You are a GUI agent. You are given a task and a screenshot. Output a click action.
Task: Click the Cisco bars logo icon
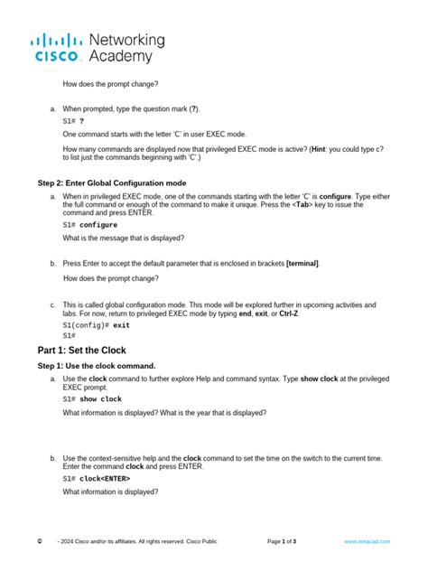coord(59,41)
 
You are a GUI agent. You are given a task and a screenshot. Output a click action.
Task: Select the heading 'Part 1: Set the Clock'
coord(81,350)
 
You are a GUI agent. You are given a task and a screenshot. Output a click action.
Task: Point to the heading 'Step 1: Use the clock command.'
coord(102,366)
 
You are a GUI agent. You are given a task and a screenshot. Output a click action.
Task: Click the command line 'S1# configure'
coord(90,224)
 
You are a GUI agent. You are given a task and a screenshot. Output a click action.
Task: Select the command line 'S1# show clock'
coord(92,398)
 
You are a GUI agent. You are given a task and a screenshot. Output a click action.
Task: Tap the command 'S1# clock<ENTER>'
coord(97,478)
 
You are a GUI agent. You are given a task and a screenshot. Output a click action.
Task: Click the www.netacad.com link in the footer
coord(367,541)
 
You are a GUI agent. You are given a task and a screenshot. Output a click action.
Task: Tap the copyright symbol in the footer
coord(41,541)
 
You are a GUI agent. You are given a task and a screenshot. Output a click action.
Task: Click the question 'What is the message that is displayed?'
coord(124,238)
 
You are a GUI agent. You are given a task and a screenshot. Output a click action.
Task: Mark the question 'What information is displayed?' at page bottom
coord(110,492)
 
